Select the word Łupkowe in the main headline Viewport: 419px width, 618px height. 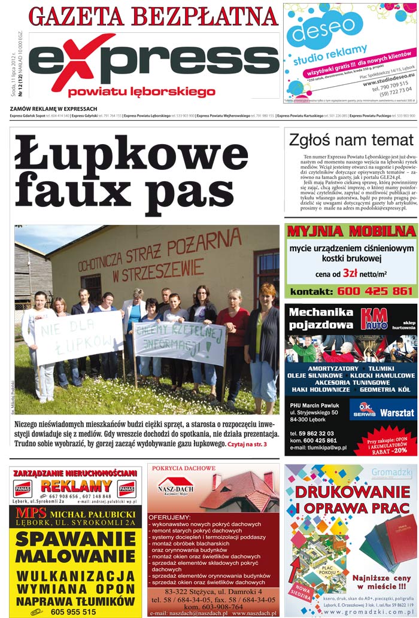click(x=131, y=156)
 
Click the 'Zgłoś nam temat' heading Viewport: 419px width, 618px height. click(x=351, y=140)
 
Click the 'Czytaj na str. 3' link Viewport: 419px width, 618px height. click(x=247, y=445)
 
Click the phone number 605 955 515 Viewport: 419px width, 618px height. click(x=73, y=612)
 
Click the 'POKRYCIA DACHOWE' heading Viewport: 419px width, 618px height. click(x=184, y=468)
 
